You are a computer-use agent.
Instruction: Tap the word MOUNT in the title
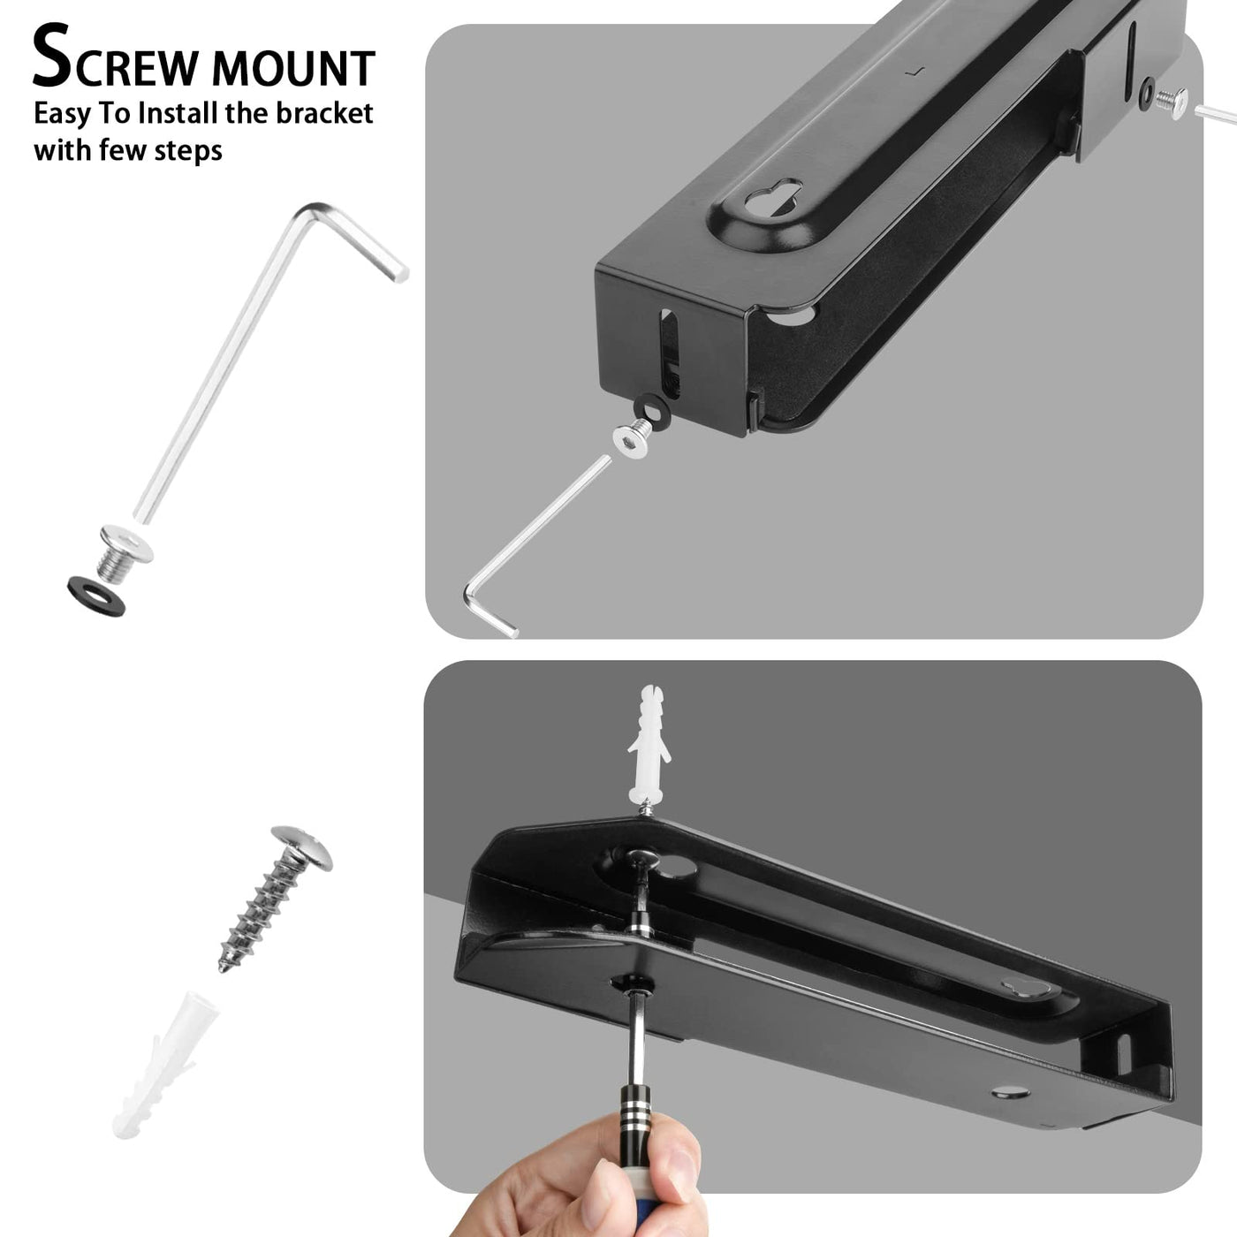pos(293,66)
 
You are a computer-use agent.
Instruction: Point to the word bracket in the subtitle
pos(325,113)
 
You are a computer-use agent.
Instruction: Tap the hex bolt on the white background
pos(125,553)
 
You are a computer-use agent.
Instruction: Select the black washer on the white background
pos(96,596)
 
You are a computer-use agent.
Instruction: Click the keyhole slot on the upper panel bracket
pos(773,199)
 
